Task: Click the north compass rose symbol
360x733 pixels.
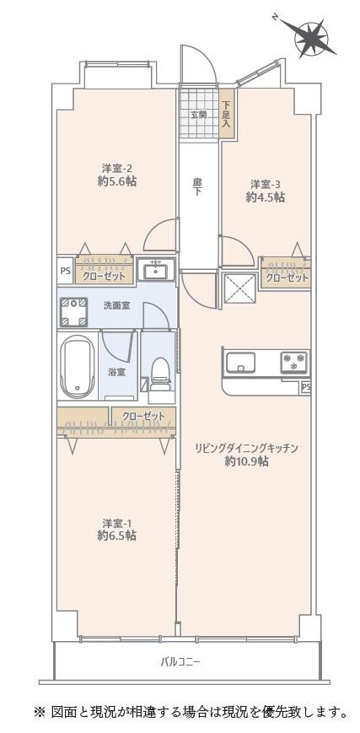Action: [x=309, y=38]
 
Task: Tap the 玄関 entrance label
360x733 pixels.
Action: [x=198, y=115]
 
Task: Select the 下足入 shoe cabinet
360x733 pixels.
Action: [x=227, y=114]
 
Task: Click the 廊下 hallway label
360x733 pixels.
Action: [x=198, y=187]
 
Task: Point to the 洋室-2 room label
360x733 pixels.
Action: [x=116, y=168]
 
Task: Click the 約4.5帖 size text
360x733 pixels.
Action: [x=266, y=197]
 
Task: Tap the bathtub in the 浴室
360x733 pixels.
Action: [x=78, y=366]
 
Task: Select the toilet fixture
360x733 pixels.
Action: [x=160, y=374]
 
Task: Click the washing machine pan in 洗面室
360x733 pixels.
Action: [x=73, y=311]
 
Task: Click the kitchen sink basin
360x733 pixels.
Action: [x=240, y=363]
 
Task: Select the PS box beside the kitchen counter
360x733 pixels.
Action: [x=305, y=387]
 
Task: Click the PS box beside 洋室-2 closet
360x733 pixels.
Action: [x=66, y=272]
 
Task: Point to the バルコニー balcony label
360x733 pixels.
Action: [x=180, y=661]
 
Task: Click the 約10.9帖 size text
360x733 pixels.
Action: [x=246, y=462]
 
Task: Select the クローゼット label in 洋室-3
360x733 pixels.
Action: [x=287, y=278]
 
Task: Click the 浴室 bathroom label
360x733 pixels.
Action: [x=117, y=372]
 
